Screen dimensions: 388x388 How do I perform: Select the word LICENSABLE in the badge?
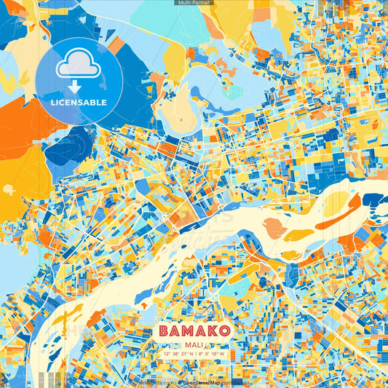point(79,103)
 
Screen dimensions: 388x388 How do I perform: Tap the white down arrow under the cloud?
point(79,86)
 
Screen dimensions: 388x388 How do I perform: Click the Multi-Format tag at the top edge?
point(194,3)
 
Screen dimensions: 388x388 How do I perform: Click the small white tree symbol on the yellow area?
point(9,189)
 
